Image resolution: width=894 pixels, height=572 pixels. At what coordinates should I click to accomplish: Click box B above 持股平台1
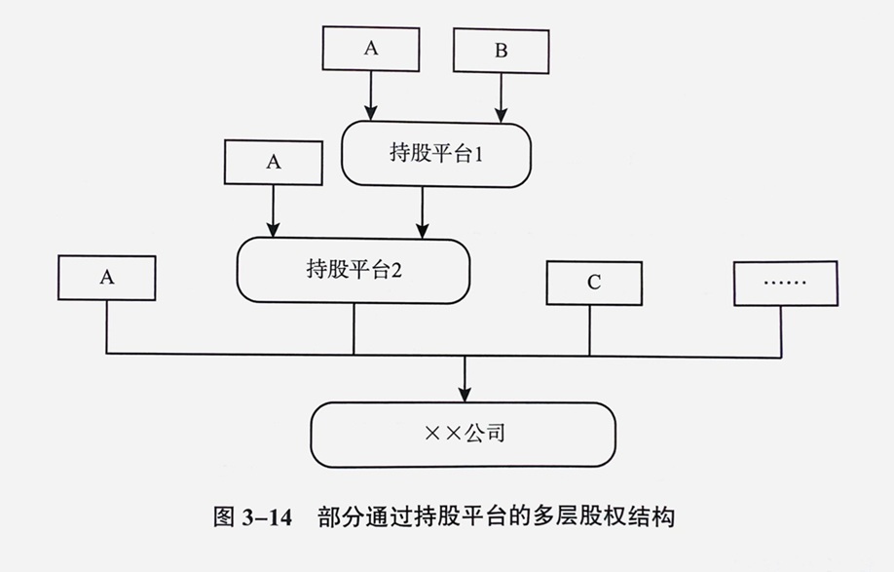pyautogui.click(x=501, y=51)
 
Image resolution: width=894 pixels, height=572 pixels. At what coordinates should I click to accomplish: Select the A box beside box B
pyautogui.click(x=370, y=49)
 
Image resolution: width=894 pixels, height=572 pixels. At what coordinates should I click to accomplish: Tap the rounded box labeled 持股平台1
pyautogui.click(x=436, y=155)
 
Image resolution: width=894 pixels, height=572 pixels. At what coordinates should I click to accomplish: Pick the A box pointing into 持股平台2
pyautogui.click(x=274, y=162)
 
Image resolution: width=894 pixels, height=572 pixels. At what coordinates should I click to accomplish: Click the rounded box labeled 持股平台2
pyautogui.click(x=354, y=270)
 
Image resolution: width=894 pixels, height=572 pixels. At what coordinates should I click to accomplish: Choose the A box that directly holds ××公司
pyautogui.click(x=107, y=278)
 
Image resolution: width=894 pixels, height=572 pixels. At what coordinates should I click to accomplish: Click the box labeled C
pyautogui.click(x=593, y=284)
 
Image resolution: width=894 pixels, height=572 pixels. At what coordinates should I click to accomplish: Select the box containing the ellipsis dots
pyautogui.click(x=785, y=283)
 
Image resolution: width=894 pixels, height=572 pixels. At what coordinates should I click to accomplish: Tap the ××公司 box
pyautogui.click(x=464, y=434)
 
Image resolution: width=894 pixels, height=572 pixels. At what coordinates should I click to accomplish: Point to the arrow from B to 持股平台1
pyautogui.click(x=501, y=97)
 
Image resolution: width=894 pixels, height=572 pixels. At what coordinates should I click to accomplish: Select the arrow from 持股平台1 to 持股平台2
pyautogui.click(x=423, y=212)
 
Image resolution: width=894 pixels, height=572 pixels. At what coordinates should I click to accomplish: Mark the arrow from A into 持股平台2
pyautogui.click(x=274, y=210)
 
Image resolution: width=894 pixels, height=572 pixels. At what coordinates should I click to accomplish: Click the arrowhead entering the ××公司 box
pyautogui.click(x=465, y=394)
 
